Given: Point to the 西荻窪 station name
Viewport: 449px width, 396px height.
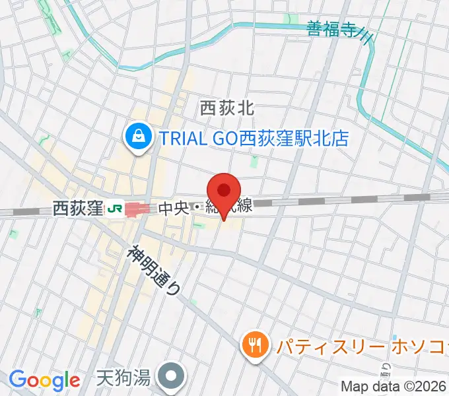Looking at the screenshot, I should tap(78, 209).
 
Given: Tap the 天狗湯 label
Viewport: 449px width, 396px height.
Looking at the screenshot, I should tap(123, 378).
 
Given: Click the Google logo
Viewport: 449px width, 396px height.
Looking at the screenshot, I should tap(45, 380).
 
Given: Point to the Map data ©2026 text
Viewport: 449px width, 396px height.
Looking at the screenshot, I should tap(394, 386).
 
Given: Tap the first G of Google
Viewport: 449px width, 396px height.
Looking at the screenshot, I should tap(17, 379).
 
